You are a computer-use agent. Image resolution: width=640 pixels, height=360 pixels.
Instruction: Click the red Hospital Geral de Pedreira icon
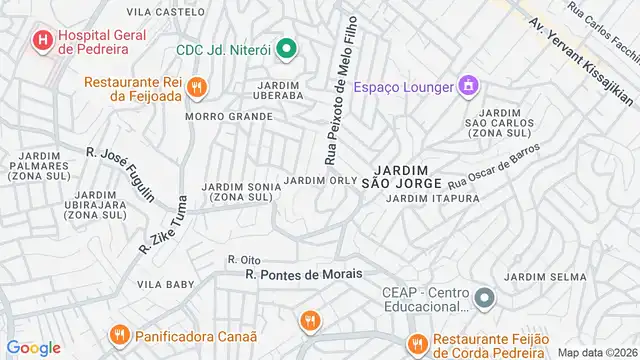43,41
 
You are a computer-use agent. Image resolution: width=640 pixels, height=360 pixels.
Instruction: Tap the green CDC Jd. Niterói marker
286,48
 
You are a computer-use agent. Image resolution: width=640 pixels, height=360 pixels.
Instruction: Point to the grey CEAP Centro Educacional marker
484,298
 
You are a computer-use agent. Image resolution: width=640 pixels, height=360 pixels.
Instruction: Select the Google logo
33,348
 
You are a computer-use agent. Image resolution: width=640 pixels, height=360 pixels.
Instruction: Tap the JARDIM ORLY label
320,180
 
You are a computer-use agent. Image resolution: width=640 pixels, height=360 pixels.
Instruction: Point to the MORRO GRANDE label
237,116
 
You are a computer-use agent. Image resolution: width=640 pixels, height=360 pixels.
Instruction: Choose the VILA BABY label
165,284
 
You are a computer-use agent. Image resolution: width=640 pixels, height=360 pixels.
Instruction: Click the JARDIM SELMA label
545,276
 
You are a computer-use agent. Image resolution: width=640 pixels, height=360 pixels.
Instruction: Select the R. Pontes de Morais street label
303,273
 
